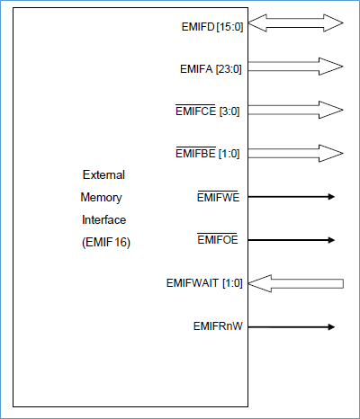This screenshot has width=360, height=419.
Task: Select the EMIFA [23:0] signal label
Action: coord(211,68)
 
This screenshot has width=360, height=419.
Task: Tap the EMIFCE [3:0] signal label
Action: coord(209,111)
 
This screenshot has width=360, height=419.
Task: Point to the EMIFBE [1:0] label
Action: coord(210,154)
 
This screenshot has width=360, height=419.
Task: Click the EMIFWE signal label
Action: coord(218,196)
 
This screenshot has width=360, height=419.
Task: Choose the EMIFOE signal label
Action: coord(218,240)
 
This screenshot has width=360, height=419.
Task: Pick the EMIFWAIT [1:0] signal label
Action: coord(205,283)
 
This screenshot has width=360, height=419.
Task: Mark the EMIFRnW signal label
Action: coord(217,326)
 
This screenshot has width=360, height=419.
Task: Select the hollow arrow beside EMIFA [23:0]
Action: coord(295,67)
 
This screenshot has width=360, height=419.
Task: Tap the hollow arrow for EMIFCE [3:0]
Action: coord(295,110)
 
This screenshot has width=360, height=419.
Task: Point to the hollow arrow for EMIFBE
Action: coord(295,153)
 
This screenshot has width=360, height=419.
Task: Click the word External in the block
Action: coord(103,174)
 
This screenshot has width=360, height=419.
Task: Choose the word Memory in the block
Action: coord(101,197)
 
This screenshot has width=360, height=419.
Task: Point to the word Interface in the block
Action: coord(103,219)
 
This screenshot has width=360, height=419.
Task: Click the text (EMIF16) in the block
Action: coord(106,242)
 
